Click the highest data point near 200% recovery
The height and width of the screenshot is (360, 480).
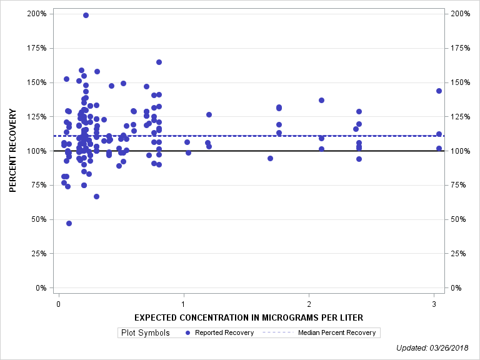[86, 15]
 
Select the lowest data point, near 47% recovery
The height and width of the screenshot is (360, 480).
[69, 223]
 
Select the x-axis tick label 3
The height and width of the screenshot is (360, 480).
[434, 304]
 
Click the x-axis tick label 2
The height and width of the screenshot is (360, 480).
[309, 304]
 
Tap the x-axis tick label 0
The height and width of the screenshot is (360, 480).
[58, 304]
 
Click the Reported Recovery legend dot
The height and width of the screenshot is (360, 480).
[189, 332]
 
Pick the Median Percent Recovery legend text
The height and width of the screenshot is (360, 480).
[337, 332]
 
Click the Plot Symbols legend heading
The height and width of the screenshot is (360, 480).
[146, 332]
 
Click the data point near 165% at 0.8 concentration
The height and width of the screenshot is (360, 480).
[159, 62]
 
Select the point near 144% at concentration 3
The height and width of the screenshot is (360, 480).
[439, 91]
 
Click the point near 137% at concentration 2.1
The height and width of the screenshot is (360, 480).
[321, 100]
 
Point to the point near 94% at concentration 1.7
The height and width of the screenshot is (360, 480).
[270, 158]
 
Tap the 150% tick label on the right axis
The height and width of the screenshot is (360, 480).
[459, 82]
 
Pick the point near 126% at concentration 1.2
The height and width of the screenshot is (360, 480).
[209, 114]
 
